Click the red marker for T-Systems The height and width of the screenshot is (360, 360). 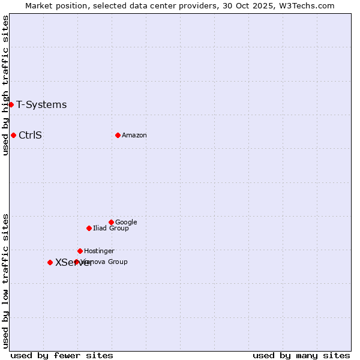pyautogui.click(x=11, y=104)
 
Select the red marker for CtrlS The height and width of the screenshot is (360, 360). pyautogui.click(x=13, y=135)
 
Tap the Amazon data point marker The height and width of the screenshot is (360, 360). pyautogui.click(x=118, y=135)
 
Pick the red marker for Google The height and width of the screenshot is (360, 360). pyautogui.click(x=111, y=222)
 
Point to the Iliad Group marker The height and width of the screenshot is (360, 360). pyautogui.click(x=89, y=228)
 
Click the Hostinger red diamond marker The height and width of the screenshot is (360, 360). pyautogui.click(x=80, y=251)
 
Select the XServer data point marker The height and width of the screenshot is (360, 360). pyautogui.click(x=50, y=262)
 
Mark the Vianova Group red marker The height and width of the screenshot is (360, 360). pyautogui.click(x=76, y=262)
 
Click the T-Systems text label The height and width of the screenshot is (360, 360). pyautogui.click(x=41, y=105)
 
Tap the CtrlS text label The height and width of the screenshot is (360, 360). pyautogui.click(x=30, y=135)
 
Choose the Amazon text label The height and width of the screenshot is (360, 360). pyautogui.click(x=134, y=135)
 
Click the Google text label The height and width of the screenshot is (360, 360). pyautogui.click(x=126, y=222)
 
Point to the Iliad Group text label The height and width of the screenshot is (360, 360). pyautogui.click(x=111, y=228)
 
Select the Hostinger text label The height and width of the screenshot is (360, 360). pyautogui.click(x=99, y=251)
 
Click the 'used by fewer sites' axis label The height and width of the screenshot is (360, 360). pyautogui.click(x=62, y=355)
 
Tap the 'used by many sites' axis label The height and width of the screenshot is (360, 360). pyautogui.click(x=301, y=355)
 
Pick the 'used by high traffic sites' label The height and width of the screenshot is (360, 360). pyautogui.click(x=5, y=85)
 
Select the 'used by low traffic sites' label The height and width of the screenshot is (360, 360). pyautogui.click(x=5, y=280)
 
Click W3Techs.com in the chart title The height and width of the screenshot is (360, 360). pyautogui.click(x=305, y=5)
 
